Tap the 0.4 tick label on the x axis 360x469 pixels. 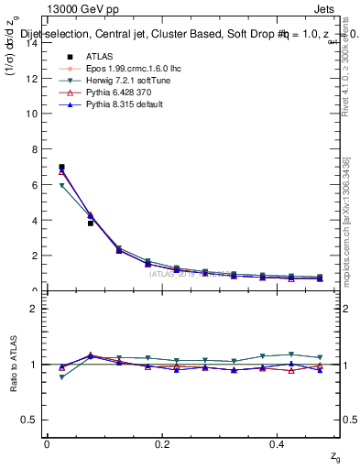[x=278, y=444]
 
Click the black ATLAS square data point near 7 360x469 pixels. [x=61, y=167]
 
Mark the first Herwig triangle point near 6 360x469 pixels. [x=61, y=186]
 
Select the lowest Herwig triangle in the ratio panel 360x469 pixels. [x=61, y=377]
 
